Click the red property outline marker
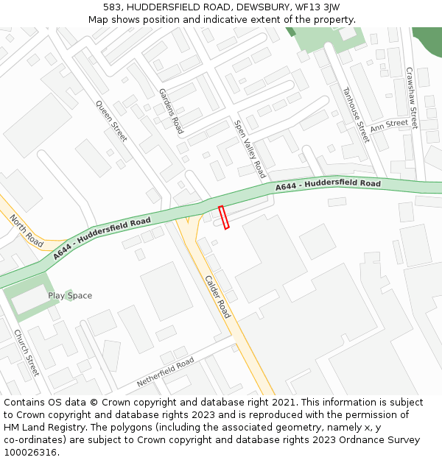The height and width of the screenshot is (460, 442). [224, 217]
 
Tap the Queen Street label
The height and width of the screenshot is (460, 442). [111, 121]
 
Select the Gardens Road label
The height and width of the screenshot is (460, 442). [171, 110]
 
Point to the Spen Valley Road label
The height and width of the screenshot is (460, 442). [250, 149]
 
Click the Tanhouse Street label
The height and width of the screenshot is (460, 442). [355, 114]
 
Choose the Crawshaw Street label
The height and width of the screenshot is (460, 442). [412, 98]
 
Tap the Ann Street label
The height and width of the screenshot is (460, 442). [389, 126]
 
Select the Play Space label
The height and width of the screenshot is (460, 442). [70, 296]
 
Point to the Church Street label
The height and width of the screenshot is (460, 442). [27, 352]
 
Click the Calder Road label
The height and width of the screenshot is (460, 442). [217, 297]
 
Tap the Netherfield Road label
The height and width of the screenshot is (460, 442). [165, 372]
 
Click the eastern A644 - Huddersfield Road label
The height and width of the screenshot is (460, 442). [329, 185]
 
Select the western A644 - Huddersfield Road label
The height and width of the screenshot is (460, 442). [102, 238]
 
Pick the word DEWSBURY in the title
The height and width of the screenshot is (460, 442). [243, 7]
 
